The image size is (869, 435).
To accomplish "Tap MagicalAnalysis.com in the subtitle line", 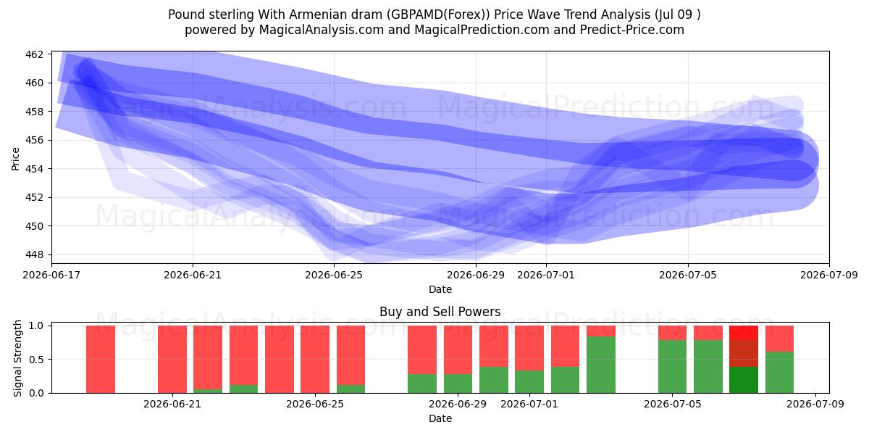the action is pos(322,30).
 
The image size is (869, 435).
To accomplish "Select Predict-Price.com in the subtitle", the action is pos(632,30).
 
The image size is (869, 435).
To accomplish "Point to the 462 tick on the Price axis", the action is pos(34,54).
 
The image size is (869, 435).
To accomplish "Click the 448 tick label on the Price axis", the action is pos(34,254).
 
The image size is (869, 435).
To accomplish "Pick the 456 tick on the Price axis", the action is pos(34,140).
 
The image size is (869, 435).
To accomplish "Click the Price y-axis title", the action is pos(15,159).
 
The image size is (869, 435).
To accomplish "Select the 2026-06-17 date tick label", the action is pos(51,275).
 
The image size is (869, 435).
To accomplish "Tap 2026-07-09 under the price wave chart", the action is pos(829,275).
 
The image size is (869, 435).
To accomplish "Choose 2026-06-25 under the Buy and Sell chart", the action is pos(315,405).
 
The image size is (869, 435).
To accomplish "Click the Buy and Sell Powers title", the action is pos(440,312).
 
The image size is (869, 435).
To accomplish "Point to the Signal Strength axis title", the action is pos(17,358).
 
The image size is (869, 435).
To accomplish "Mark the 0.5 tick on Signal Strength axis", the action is pos(36,360).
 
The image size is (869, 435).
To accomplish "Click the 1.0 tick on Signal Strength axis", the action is pos(36,326).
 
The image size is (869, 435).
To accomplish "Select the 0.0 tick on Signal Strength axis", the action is pos(36,394).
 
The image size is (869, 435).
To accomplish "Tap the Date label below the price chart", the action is pos(440,289).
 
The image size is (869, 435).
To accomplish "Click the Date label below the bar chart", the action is pos(440,418).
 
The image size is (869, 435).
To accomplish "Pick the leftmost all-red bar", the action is pos(101,360).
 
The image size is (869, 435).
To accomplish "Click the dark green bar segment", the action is pos(744,380).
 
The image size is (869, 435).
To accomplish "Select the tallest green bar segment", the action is pos(601,365).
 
